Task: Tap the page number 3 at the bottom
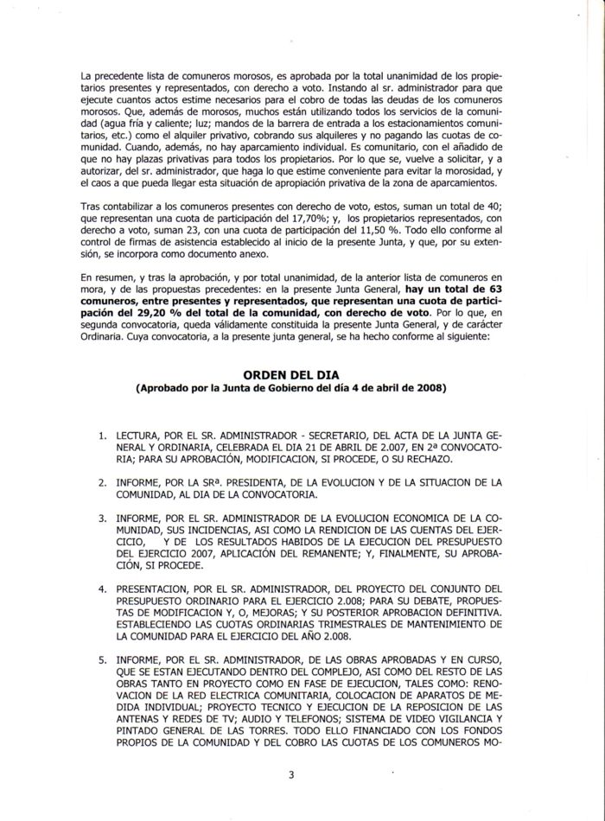click(291, 773)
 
